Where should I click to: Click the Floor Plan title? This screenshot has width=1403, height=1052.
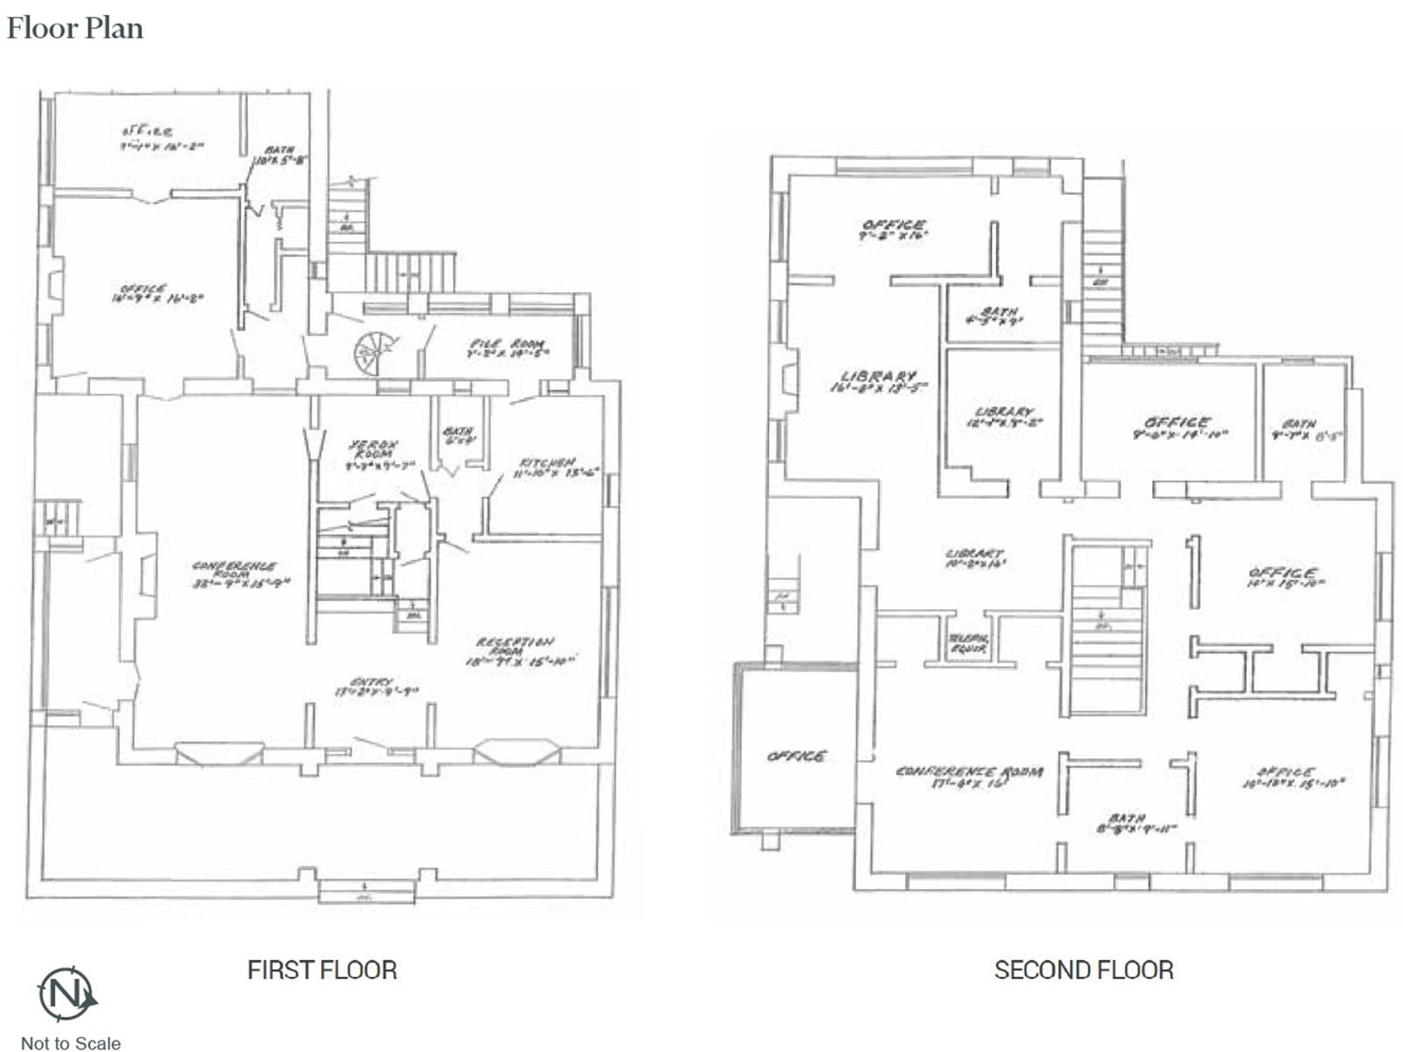(x=75, y=28)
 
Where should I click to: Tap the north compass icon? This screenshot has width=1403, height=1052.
(x=67, y=994)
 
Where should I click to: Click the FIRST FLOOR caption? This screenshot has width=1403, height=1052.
(x=322, y=970)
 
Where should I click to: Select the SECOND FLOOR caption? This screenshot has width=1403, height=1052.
(x=1084, y=970)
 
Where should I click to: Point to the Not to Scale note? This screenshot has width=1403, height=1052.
(x=70, y=1042)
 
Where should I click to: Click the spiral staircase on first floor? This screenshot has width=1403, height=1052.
(x=371, y=352)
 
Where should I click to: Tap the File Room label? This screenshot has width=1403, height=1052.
(x=507, y=348)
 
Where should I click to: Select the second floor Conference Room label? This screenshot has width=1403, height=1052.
(x=969, y=776)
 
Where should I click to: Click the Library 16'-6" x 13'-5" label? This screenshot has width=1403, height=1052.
(x=878, y=380)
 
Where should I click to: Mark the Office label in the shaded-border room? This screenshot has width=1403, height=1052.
(x=796, y=756)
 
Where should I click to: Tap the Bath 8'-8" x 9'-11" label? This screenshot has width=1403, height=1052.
(x=1135, y=822)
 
